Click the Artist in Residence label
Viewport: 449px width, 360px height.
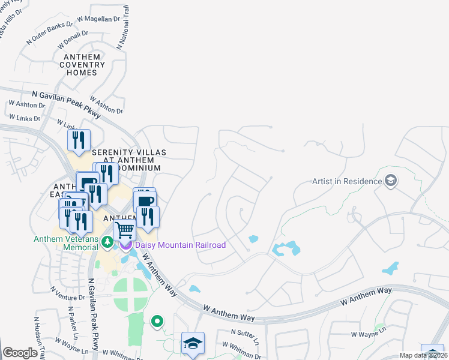(347, 181)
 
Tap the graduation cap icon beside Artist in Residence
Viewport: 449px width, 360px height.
(391, 181)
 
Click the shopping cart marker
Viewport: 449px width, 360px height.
(124, 229)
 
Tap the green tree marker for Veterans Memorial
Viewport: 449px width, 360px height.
(107, 242)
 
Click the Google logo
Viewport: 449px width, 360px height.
(20, 353)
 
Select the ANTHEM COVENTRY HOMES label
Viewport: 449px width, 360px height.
(81, 65)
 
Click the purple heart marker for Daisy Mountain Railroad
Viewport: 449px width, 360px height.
(126, 245)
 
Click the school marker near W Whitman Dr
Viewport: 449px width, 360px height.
(193, 343)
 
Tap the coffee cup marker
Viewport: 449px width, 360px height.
(145, 200)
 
